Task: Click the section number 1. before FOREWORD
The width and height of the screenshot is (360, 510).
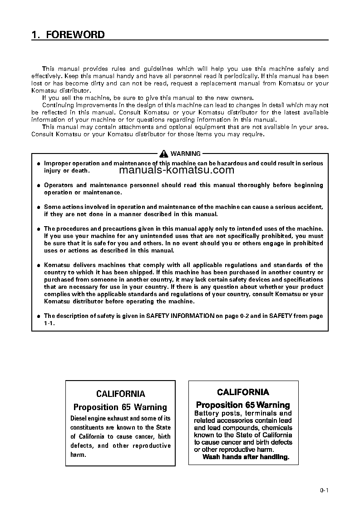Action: (35, 35)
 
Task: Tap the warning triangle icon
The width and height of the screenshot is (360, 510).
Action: (164, 153)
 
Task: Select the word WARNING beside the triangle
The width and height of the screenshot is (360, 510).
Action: (185, 154)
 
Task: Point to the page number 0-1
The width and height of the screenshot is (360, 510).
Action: (324, 490)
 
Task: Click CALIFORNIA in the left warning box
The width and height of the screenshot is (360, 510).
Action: (120, 394)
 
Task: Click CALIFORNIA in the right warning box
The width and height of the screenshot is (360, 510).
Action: (243, 392)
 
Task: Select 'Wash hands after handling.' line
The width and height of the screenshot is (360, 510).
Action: (246, 457)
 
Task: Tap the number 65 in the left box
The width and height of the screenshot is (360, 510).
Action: (127, 407)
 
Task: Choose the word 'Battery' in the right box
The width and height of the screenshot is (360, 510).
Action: (207, 413)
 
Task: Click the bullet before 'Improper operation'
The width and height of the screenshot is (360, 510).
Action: (39, 163)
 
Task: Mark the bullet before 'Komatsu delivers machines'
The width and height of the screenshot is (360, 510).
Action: (39, 265)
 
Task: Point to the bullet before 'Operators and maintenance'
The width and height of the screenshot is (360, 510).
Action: (39, 185)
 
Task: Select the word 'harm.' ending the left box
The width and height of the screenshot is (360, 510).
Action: (78, 455)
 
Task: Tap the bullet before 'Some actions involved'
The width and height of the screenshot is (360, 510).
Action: (39, 207)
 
